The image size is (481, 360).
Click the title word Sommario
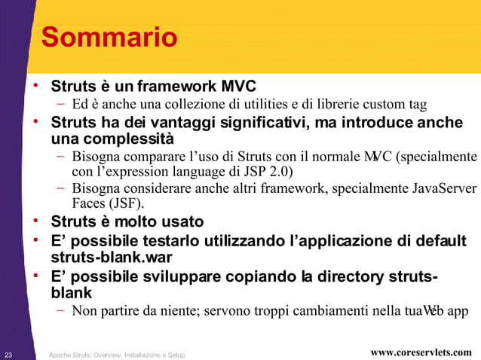tap(109, 37)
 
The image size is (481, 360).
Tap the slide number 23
tap(8, 353)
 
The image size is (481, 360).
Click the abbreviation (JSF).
tap(126, 203)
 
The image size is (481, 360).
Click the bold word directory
tap(357, 276)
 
